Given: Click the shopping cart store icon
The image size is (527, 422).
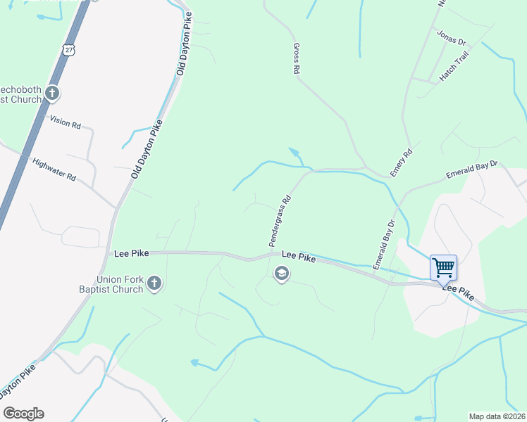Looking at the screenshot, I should click(443, 267).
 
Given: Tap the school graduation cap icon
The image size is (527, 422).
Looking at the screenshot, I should click(282, 274).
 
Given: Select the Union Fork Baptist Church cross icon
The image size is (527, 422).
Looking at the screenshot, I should click(155, 284).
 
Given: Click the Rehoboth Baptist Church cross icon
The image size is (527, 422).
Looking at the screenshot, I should click(51, 93).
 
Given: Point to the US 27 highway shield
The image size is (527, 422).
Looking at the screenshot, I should click(68, 49).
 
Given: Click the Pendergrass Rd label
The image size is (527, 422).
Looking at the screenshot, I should click(280, 220).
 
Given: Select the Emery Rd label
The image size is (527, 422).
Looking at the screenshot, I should click(401, 162).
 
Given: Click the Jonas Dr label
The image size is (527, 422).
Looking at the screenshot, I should click(452, 37).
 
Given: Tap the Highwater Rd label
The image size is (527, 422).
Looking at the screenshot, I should click(54, 170).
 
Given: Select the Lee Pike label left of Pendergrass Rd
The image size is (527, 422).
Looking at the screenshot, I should click(130, 251).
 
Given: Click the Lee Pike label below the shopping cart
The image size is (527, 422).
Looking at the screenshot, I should click(458, 290).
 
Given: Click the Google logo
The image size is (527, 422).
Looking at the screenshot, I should click(23, 414).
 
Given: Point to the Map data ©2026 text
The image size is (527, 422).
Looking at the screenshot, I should click(497, 416).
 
